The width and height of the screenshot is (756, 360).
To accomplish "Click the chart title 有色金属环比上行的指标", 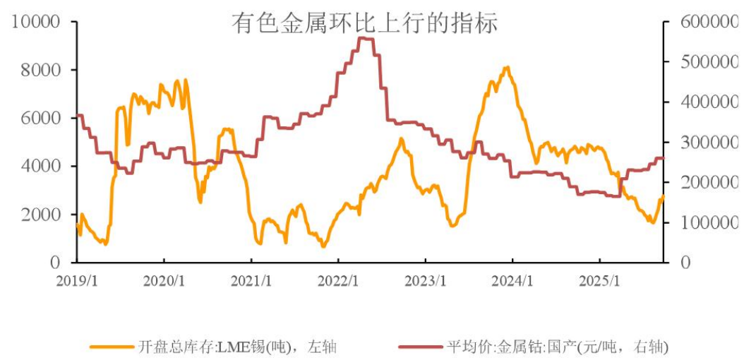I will tap(365, 23).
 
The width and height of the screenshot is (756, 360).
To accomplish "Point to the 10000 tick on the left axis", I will tap(36, 23).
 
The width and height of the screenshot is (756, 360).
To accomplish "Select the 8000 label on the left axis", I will tap(40, 71).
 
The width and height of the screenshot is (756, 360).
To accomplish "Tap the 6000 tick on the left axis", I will tap(40, 119).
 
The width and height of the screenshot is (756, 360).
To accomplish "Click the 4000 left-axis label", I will tap(40, 167).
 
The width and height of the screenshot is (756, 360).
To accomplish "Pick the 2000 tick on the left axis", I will tap(40, 215).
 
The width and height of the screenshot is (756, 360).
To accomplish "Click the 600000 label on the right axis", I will tap(710, 23).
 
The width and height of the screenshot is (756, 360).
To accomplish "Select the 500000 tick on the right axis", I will tap(710, 63).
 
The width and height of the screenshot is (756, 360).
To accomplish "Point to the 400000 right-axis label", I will tap(710, 103).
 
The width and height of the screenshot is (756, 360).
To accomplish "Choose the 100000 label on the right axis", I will tap(710, 223).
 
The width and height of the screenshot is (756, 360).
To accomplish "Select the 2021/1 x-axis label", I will tap(251, 280).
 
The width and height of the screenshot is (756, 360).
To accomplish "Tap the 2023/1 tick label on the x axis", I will tap(426, 280).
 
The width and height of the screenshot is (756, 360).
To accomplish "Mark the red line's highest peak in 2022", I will tap(365, 38).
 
